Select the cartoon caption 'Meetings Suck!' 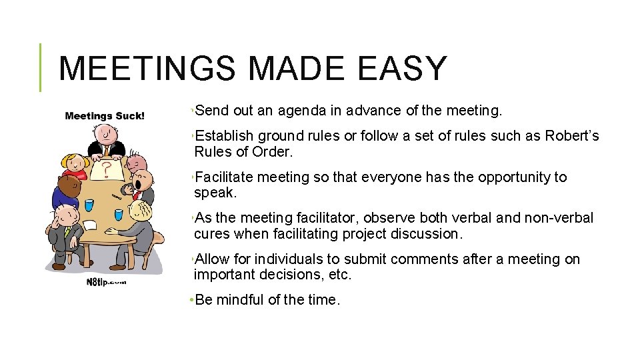tap(105, 116)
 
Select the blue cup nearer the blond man tap(119, 215)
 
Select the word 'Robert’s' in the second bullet tap(572, 137)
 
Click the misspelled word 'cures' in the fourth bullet tap(211, 234)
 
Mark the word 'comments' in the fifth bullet tap(394, 259)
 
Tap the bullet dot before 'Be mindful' tap(191, 300)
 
